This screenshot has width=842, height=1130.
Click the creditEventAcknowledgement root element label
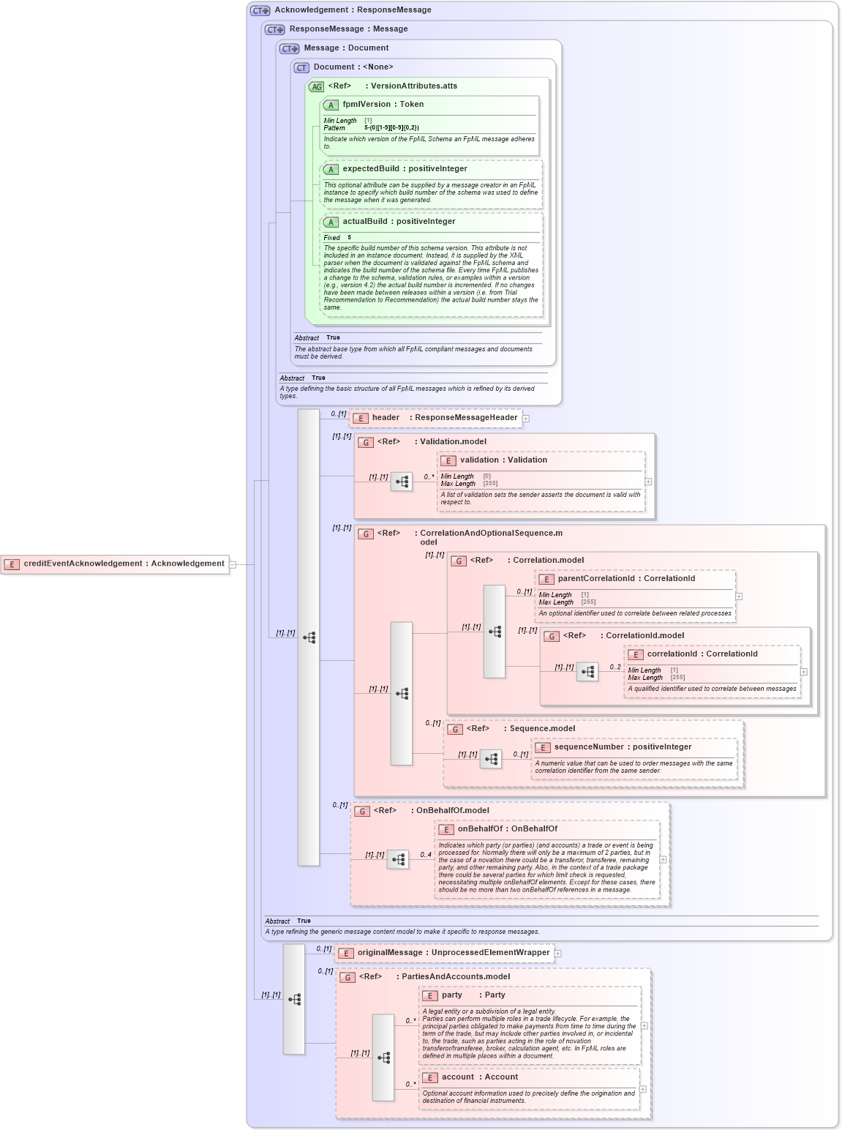124,564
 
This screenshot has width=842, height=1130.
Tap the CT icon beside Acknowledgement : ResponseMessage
260,10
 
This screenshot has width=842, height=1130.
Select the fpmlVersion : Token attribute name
383,105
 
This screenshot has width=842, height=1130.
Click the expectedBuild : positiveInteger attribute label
405,169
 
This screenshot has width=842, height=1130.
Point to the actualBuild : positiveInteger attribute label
399,222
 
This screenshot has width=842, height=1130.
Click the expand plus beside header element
526,419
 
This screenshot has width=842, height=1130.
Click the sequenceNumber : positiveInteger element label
623,747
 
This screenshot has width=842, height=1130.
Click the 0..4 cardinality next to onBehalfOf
426,854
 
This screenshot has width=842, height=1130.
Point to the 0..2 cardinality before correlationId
615,667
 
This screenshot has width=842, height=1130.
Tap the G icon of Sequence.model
455,729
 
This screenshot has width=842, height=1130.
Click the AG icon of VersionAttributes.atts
316,86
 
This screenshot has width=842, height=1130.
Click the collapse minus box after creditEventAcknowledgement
233,564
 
